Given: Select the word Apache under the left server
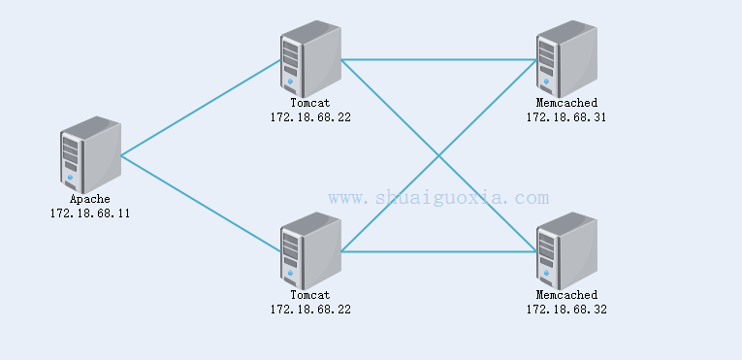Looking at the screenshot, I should click(x=89, y=199).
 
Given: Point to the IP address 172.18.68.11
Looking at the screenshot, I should click(x=89, y=213).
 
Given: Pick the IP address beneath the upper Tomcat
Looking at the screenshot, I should click(x=310, y=116).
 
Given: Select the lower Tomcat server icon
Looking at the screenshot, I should click(x=310, y=250).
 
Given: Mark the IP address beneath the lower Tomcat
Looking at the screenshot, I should click(x=310, y=309).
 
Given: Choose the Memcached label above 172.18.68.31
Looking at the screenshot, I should click(x=566, y=102).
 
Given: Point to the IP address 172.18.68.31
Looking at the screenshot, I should click(x=566, y=116).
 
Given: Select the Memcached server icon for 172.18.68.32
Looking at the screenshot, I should click(x=566, y=250).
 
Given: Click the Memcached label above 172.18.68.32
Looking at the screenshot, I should click(x=566, y=295).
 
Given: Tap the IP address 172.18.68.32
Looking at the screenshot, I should click(x=566, y=309).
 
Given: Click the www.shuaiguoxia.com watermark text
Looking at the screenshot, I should click(x=438, y=198).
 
